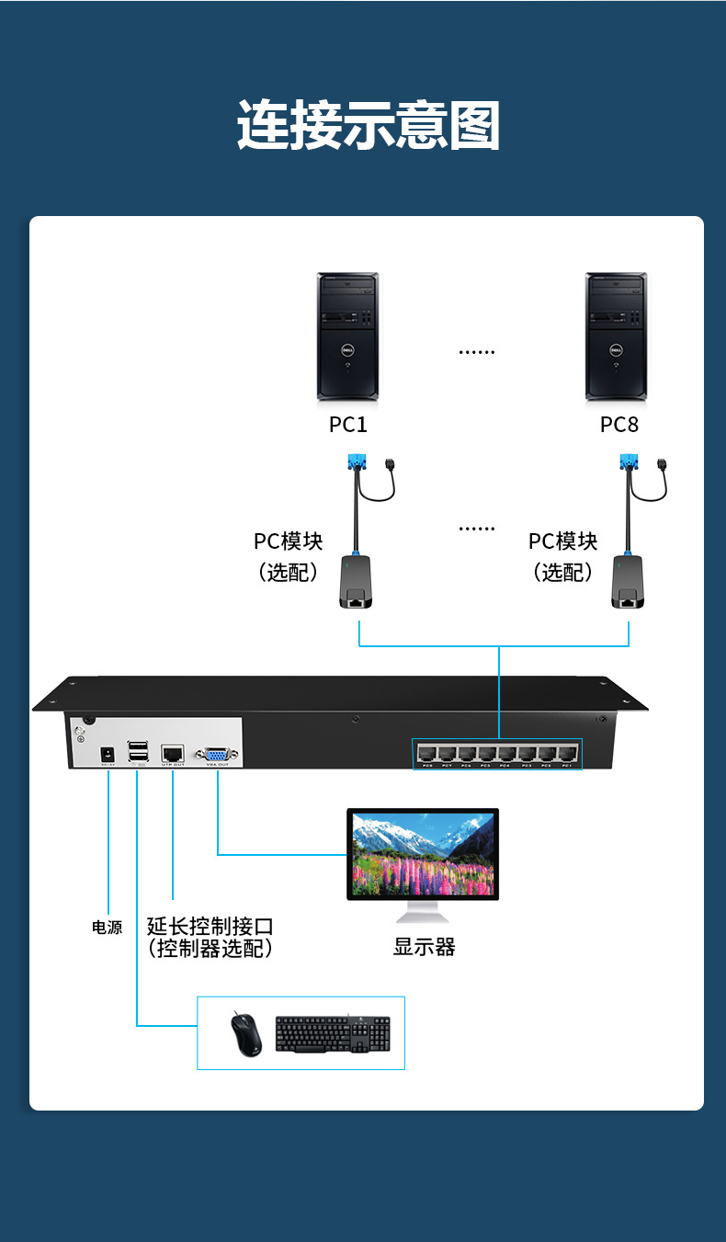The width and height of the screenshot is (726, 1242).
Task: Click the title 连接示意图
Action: pos(369,126)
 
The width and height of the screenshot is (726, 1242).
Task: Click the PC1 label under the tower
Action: pos(347,425)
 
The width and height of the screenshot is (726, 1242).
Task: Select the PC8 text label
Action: pos(618,425)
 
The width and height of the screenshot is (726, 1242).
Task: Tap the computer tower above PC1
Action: pos(347,336)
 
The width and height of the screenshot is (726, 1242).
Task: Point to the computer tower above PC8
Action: pos(617,336)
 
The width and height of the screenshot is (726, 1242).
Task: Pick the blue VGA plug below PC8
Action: pos(629,462)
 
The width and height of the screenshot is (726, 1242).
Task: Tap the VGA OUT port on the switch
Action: pos(218,752)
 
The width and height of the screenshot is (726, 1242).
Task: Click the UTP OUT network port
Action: pos(173,752)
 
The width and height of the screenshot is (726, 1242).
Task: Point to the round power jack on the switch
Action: pos(108,754)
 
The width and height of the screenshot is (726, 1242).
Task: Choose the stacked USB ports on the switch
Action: pos(138,752)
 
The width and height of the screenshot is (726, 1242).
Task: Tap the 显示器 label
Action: pos(424,947)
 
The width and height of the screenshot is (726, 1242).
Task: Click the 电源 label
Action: pos(107,928)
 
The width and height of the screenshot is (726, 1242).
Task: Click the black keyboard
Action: pos(333,1035)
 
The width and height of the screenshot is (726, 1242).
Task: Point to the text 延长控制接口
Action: pos(210,926)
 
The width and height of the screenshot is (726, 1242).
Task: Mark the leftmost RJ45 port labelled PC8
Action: pos(426,753)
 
